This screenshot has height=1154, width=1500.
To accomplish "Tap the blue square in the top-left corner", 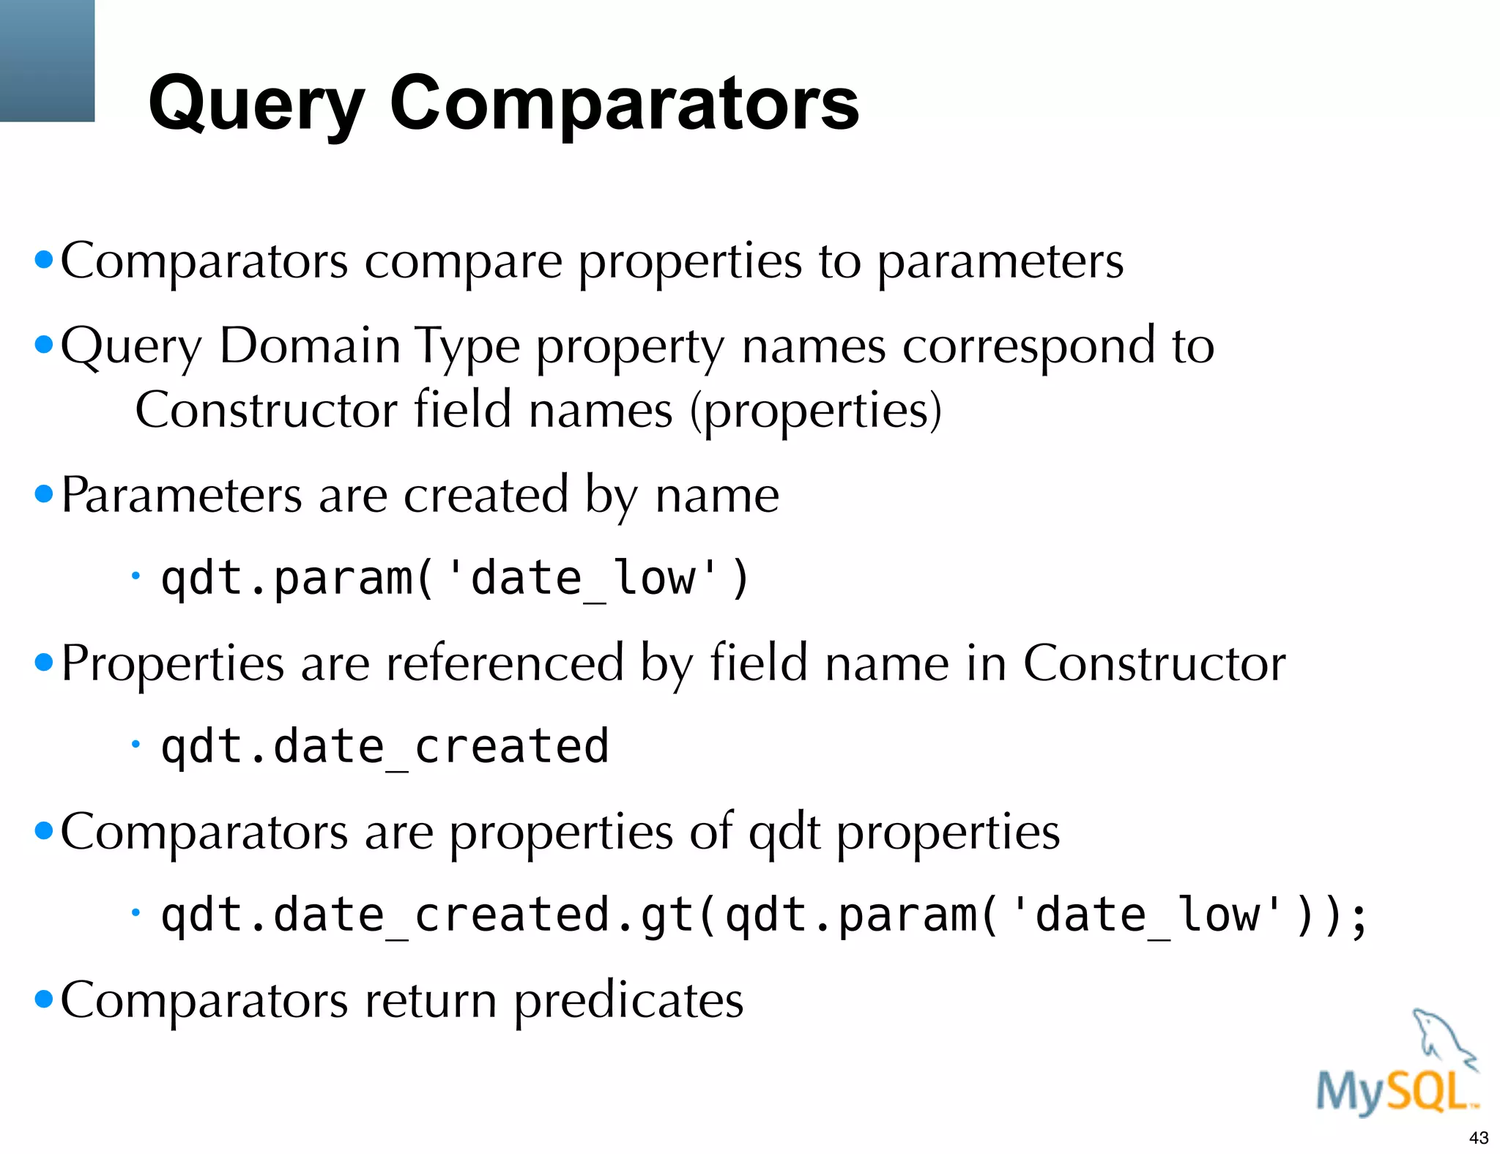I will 47,60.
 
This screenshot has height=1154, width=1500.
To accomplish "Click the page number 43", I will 1478,1138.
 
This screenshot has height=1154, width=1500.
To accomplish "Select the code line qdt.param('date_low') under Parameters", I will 454,578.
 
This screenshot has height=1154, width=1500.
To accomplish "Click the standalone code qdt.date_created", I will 385,747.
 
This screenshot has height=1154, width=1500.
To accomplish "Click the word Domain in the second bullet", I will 309,346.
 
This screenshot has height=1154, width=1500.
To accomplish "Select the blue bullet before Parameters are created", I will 44,494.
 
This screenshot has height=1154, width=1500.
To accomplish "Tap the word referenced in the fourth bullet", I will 505,663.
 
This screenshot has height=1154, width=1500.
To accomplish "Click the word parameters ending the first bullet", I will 1000,261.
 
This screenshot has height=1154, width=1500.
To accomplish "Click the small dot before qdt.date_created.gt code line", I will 135,912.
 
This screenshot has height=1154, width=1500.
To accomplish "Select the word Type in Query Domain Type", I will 467,347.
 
